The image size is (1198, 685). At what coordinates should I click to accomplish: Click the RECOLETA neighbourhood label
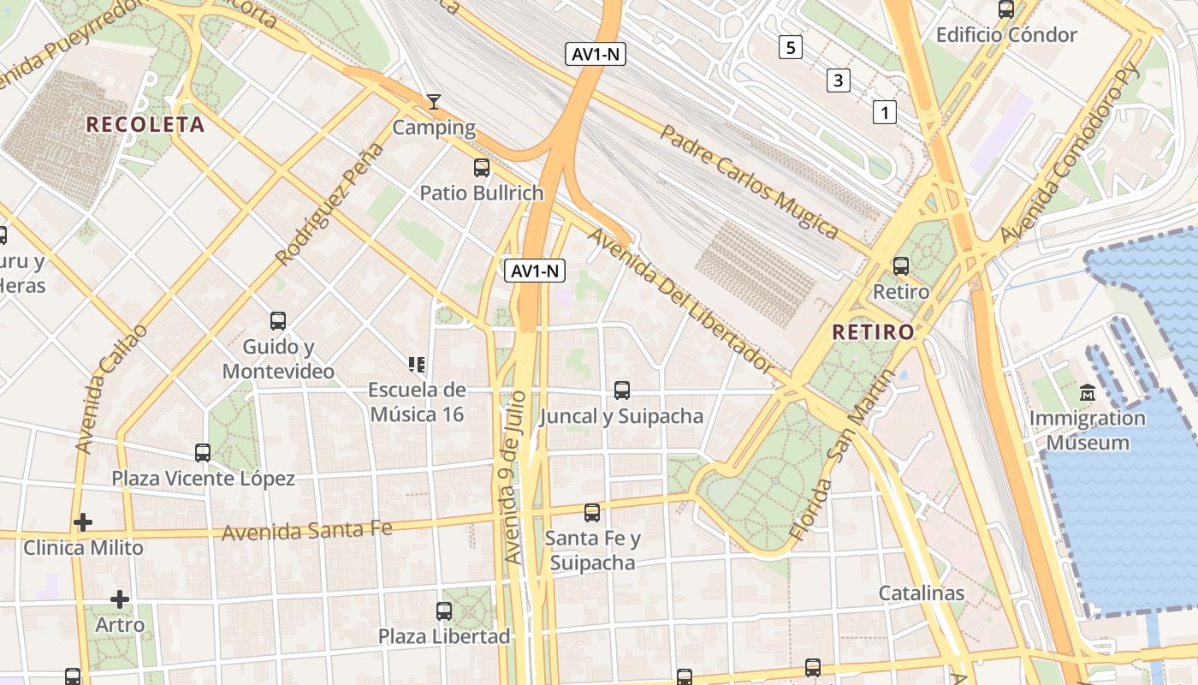pyautogui.click(x=145, y=125)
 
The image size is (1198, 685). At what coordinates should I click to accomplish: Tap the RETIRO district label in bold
pyautogui.click(x=873, y=331)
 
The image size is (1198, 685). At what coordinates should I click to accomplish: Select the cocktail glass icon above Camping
pyautogui.click(x=434, y=103)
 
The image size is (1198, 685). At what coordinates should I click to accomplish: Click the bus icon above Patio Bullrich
pyautogui.click(x=482, y=168)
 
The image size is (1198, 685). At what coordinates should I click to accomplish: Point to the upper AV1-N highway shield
pyautogui.click(x=596, y=54)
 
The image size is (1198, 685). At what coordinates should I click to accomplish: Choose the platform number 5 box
pyautogui.click(x=791, y=47)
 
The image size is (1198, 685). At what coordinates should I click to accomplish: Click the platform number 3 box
pyautogui.click(x=838, y=81)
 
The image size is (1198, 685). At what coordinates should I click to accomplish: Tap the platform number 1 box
pyautogui.click(x=885, y=111)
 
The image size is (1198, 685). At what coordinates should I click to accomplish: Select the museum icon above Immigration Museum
pyautogui.click(x=1088, y=393)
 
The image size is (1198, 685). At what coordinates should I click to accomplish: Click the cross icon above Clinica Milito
pyautogui.click(x=83, y=521)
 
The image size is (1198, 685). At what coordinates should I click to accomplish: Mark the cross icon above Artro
pyautogui.click(x=120, y=599)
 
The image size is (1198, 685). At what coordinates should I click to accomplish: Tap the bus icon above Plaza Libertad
pyautogui.click(x=444, y=611)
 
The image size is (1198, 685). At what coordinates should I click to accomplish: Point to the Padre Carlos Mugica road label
pyautogui.click(x=749, y=182)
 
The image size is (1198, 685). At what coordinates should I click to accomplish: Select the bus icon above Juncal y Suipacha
pyautogui.click(x=622, y=390)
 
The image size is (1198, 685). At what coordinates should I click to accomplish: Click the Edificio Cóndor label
pyautogui.click(x=1006, y=35)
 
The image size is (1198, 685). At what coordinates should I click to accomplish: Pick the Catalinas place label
pyautogui.click(x=922, y=593)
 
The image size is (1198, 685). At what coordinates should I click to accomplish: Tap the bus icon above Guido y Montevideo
pyautogui.click(x=278, y=321)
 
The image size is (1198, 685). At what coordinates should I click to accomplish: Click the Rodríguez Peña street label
pyautogui.click(x=330, y=204)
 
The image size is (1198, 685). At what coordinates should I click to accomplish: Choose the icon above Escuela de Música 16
pyautogui.click(x=417, y=365)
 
